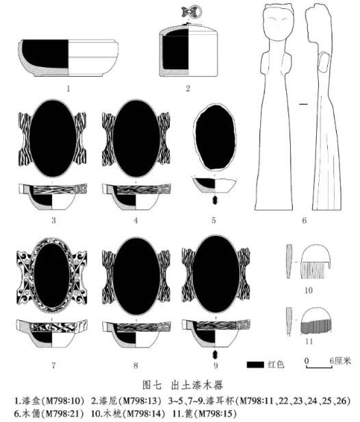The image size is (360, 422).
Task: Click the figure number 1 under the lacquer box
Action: [68, 88]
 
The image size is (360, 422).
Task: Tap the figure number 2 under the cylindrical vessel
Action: [188, 88]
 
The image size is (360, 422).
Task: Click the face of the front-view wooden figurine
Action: [279, 24]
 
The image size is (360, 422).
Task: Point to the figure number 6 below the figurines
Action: [304, 221]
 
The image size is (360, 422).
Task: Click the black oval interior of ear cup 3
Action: [53, 139]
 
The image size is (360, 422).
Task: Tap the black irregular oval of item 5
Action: [215, 138]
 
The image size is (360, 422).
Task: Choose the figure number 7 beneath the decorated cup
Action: [54, 365]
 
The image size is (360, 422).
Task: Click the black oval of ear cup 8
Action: [137, 277]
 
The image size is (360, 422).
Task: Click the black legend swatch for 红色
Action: [255, 364]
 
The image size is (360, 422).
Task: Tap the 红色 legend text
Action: [276, 364]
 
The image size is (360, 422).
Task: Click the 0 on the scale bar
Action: [307, 360]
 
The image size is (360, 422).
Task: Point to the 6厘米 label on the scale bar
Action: [340, 360]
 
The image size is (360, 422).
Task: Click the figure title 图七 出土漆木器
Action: [183, 385]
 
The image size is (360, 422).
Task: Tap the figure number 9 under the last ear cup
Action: [216, 365]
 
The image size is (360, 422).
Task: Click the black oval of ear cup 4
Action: [136, 139]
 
